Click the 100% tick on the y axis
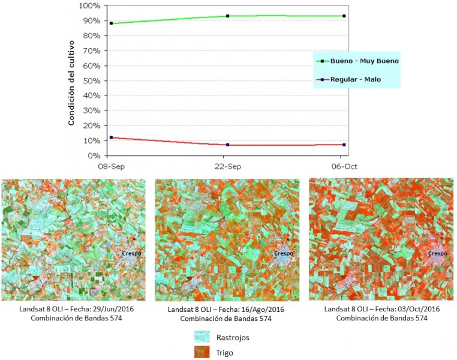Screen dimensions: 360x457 [x=89, y=6]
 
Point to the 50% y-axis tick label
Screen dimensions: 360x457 [x=91, y=81]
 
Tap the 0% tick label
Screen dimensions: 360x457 [x=93, y=156]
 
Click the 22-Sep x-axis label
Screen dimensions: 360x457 [x=227, y=166]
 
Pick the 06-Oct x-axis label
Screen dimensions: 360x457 [x=344, y=166]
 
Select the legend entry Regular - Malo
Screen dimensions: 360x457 [x=355, y=79]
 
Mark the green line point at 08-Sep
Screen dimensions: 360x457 [x=111, y=23]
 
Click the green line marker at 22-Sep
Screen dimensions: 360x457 [x=228, y=16]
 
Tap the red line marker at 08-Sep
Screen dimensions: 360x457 [x=111, y=137]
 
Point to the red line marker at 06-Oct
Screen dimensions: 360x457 [x=344, y=145]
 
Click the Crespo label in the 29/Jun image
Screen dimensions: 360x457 [x=130, y=253]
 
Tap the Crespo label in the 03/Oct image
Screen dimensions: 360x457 [x=437, y=253]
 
